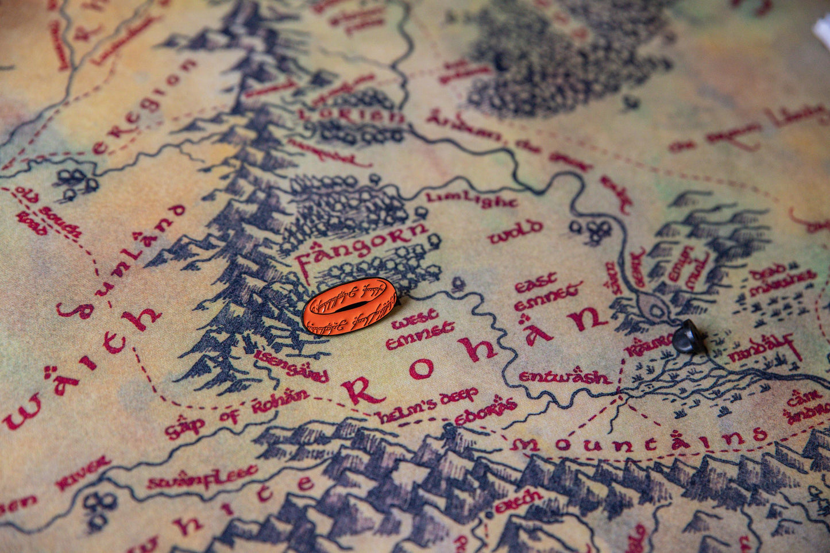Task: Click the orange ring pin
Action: coord(349,305)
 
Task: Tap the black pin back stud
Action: coord(688,338)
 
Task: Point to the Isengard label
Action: coord(291,366)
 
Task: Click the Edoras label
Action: coord(486,413)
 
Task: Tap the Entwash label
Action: coord(564,377)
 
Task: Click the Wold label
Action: coord(515,231)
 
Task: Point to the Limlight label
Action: coord(471,199)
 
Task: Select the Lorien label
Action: coord(352,115)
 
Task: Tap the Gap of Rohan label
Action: coord(237,412)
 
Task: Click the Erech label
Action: coord(518,501)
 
